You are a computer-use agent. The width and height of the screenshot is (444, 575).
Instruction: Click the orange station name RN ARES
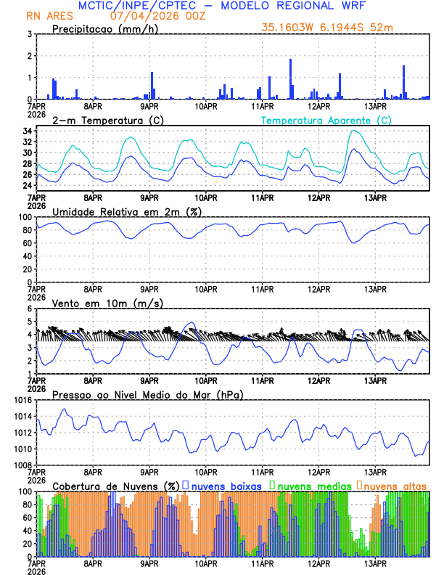tap(50, 15)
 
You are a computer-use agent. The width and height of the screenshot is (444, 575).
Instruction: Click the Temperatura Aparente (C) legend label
tap(326, 120)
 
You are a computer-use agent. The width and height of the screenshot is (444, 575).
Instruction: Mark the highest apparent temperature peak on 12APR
tap(353, 131)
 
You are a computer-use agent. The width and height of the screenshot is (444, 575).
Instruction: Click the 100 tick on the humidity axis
tap(25, 217)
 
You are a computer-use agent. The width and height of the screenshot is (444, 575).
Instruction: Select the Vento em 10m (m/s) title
tap(107, 303)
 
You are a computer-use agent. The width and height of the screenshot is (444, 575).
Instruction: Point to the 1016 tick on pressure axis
tap(21, 400)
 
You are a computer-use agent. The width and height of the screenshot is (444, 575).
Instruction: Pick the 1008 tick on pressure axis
tap(21, 465)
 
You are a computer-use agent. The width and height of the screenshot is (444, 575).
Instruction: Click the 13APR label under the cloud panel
tap(374, 563)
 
